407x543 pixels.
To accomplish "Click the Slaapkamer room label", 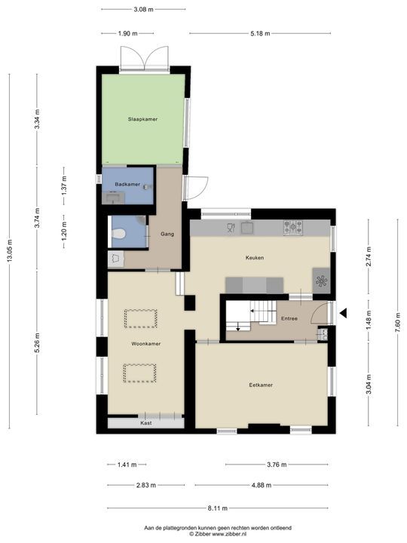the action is click(x=142, y=119).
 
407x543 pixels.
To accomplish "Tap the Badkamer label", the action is click(x=127, y=184).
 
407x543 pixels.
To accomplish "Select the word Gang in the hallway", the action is click(x=167, y=234).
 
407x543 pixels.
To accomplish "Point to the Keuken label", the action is click(x=255, y=258).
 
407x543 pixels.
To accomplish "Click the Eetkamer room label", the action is click(x=261, y=385).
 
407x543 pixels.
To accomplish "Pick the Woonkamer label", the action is click(x=145, y=344).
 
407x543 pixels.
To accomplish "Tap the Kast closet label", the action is click(x=145, y=423).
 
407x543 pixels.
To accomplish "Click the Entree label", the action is click(x=289, y=318).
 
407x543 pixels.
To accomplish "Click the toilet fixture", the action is click(x=118, y=235).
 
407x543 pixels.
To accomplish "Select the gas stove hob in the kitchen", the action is click(x=292, y=228).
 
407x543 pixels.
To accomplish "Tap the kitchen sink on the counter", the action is click(x=247, y=228).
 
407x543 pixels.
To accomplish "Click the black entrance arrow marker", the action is click(x=343, y=314).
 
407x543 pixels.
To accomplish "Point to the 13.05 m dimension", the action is click(x=9, y=250).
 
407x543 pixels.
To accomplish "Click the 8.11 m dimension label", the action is click(x=218, y=508).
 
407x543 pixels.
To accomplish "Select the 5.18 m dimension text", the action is click(x=260, y=34).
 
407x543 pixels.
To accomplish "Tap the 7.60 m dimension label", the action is click(x=398, y=322).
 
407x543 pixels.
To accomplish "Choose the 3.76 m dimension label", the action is click(x=277, y=465).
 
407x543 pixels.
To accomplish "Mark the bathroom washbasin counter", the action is click(x=113, y=198).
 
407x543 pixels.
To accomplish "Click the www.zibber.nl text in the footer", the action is click(x=229, y=534).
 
